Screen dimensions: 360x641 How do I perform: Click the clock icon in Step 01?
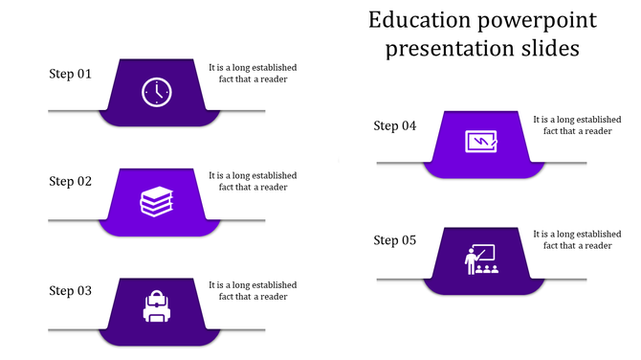157,92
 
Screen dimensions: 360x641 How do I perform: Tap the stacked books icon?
157,202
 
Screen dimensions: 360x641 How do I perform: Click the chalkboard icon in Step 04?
480,142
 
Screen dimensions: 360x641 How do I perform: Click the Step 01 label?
71,74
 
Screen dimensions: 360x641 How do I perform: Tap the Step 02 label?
71,181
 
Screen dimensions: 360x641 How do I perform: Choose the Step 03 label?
71,291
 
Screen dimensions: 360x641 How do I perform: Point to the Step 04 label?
395,126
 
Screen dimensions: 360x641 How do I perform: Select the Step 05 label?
395,240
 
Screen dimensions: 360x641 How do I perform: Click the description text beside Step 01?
253,74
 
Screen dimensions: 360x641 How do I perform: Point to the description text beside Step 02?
253,182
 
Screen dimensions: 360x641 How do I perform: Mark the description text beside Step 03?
253,291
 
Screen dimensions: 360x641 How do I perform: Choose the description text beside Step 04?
577,125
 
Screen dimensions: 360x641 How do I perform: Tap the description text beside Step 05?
577,239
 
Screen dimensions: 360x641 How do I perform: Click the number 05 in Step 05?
408,240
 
